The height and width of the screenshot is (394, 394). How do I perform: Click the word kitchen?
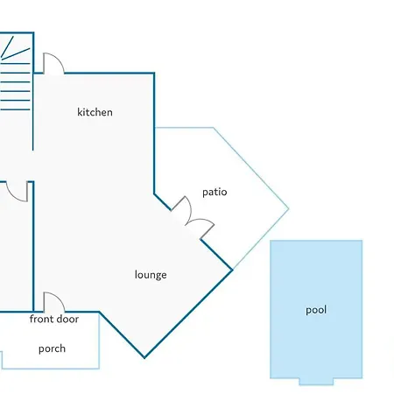click(95, 112)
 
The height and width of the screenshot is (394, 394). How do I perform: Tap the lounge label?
click(151, 275)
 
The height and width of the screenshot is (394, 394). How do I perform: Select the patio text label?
click(215, 192)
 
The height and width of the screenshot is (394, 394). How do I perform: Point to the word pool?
click(316, 310)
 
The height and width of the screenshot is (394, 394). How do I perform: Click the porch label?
click(52, 348)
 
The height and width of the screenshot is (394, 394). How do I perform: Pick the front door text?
click(54, 319)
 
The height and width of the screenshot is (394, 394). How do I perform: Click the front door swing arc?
click(58, 297)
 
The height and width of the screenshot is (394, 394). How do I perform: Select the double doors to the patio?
click(193, 217)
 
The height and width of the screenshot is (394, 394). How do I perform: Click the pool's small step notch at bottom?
click(316, 382)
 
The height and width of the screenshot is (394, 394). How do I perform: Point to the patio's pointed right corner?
click(289, 208)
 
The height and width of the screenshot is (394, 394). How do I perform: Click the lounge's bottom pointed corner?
click(144, 357)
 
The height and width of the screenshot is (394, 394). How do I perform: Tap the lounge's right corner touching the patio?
click(232, 270)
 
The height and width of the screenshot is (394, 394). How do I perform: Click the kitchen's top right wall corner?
click(154, 73)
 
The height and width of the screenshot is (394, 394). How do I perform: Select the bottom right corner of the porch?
click(99, 369)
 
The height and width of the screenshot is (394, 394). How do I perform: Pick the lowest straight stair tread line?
click(15, 109)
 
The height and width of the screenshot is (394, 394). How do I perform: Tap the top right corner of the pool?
click(362, 241)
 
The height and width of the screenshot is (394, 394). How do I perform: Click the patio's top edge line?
click(184, 128)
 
